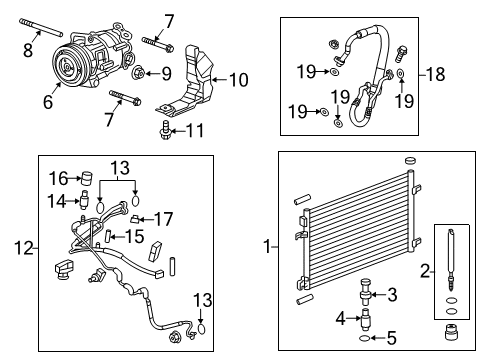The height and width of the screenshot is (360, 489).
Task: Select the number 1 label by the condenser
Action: tap(264, 245)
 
